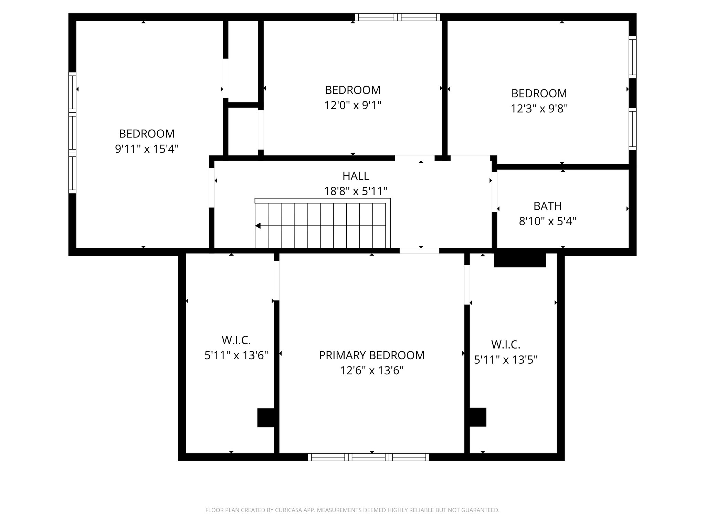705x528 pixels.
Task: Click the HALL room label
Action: [356, 176]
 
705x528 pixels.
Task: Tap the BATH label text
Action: [547, 206]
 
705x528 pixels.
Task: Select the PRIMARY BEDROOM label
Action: [371, 355]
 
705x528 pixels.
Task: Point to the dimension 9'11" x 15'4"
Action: [147, 149]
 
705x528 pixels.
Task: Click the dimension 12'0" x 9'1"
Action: [352, 105]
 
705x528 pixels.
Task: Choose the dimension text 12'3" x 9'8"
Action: [539, 109]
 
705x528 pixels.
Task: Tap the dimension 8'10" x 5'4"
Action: [547, 221]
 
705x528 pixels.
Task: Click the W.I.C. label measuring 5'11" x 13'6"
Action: [236, 340]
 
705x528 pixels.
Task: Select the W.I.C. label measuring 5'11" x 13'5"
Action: [505, 344]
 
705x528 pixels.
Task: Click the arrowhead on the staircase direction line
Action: [258, 226]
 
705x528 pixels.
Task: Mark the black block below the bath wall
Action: [520, 260]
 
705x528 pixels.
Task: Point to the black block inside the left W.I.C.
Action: [266, 418]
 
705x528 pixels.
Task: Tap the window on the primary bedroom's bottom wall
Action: [368, 457]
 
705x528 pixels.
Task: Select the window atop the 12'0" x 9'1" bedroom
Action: [398, 17]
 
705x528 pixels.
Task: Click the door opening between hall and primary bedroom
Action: [419, 251]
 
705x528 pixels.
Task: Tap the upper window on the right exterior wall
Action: [632, 57]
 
